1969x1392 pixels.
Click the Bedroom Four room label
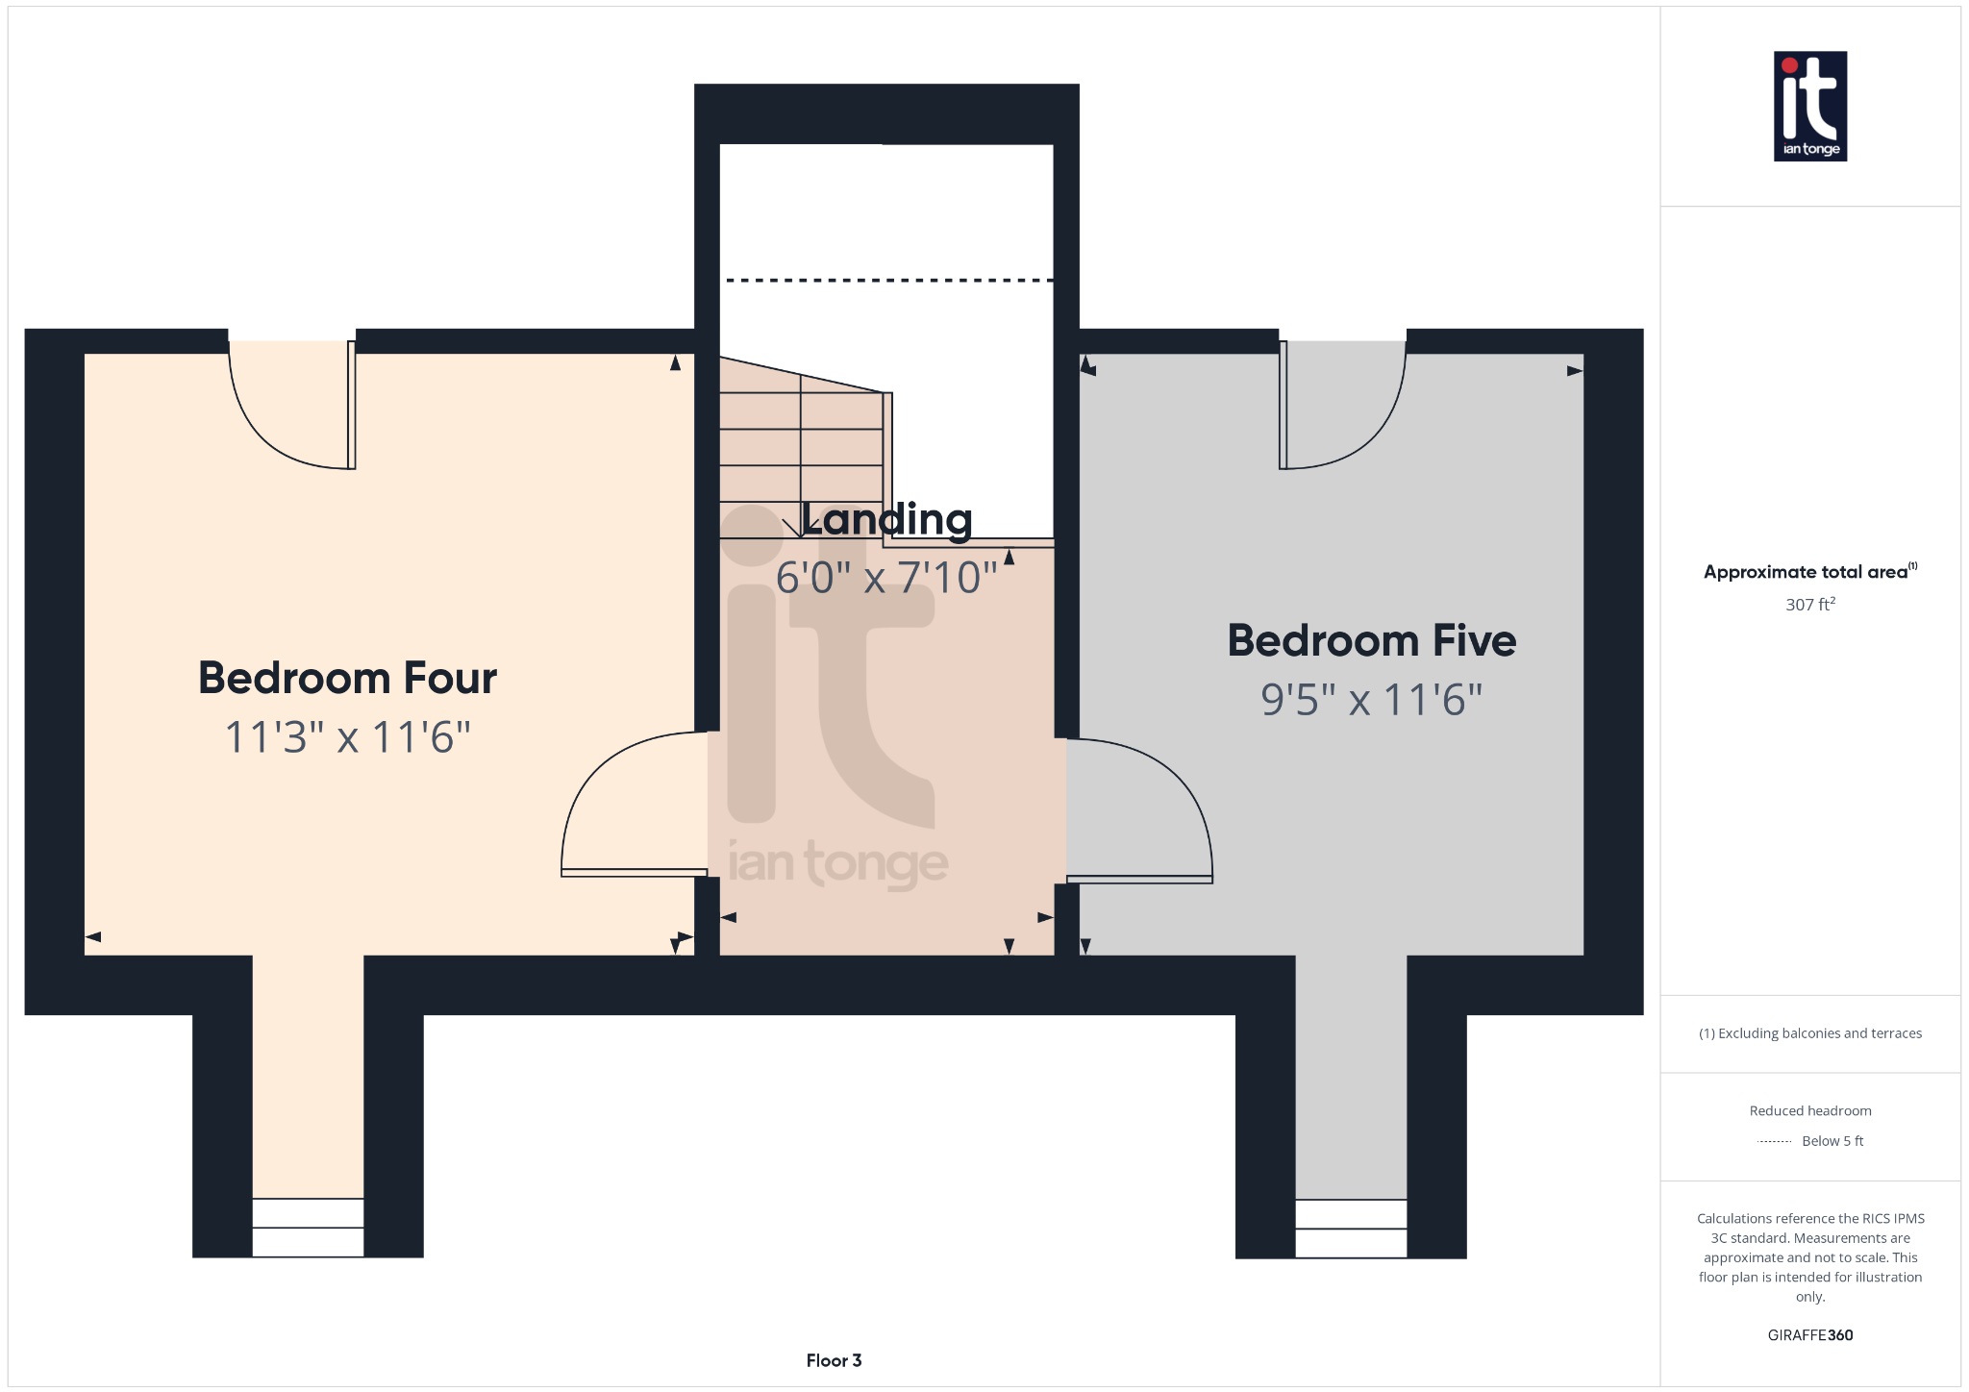pos(347,678)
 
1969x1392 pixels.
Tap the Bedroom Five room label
pos(1372,640)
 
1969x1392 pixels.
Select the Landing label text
pos(886,519)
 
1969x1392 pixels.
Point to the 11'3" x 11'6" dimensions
pos(347,737)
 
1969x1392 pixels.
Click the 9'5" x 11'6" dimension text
pos(1372,700)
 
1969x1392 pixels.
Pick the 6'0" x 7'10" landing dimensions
pos(886,578)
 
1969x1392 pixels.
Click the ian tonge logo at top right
pos(1810,106)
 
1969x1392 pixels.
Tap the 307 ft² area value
pos(1810,604)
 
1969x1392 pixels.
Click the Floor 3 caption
pos(834,1360)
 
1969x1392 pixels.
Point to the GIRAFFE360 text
pos(1810,1335)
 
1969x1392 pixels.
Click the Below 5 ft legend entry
pos(1832,1141)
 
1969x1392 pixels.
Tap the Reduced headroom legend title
pos(1810,1110)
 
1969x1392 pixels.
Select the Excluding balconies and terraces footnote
pos(1810,1033)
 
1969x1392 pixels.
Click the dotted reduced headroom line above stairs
pos(889,281)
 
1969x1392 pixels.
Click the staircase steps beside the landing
pos(801,448)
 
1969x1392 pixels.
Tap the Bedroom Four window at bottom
pos(308,1228)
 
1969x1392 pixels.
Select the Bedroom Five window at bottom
pos(1351,1229)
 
